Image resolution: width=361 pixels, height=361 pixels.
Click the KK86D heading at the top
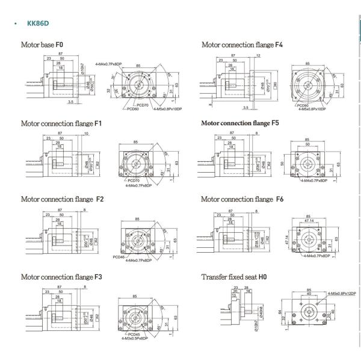37,25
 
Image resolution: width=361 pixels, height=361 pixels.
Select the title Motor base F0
42,45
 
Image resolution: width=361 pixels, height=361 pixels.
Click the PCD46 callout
118,257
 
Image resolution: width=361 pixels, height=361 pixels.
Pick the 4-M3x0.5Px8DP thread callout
136,339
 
